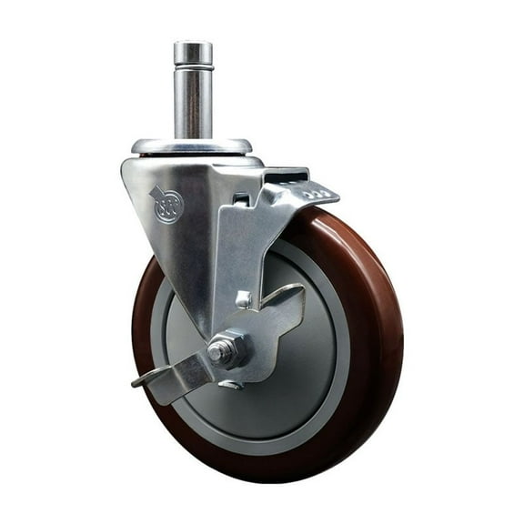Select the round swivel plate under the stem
[191, 146]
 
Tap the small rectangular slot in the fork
[240, 199]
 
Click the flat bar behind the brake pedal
[286, 173]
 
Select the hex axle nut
[225, 350]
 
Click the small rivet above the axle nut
[243, 298]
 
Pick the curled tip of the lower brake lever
[141, 380]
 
